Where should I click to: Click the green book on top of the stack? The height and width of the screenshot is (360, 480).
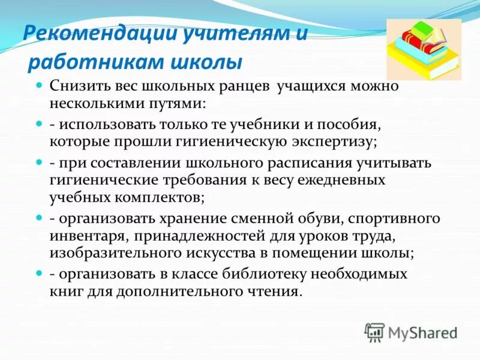click(x=423, y=28)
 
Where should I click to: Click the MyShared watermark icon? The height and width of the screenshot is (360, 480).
click(x=375, y=331)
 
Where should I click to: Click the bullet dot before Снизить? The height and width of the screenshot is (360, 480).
click(x=38, y=86)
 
